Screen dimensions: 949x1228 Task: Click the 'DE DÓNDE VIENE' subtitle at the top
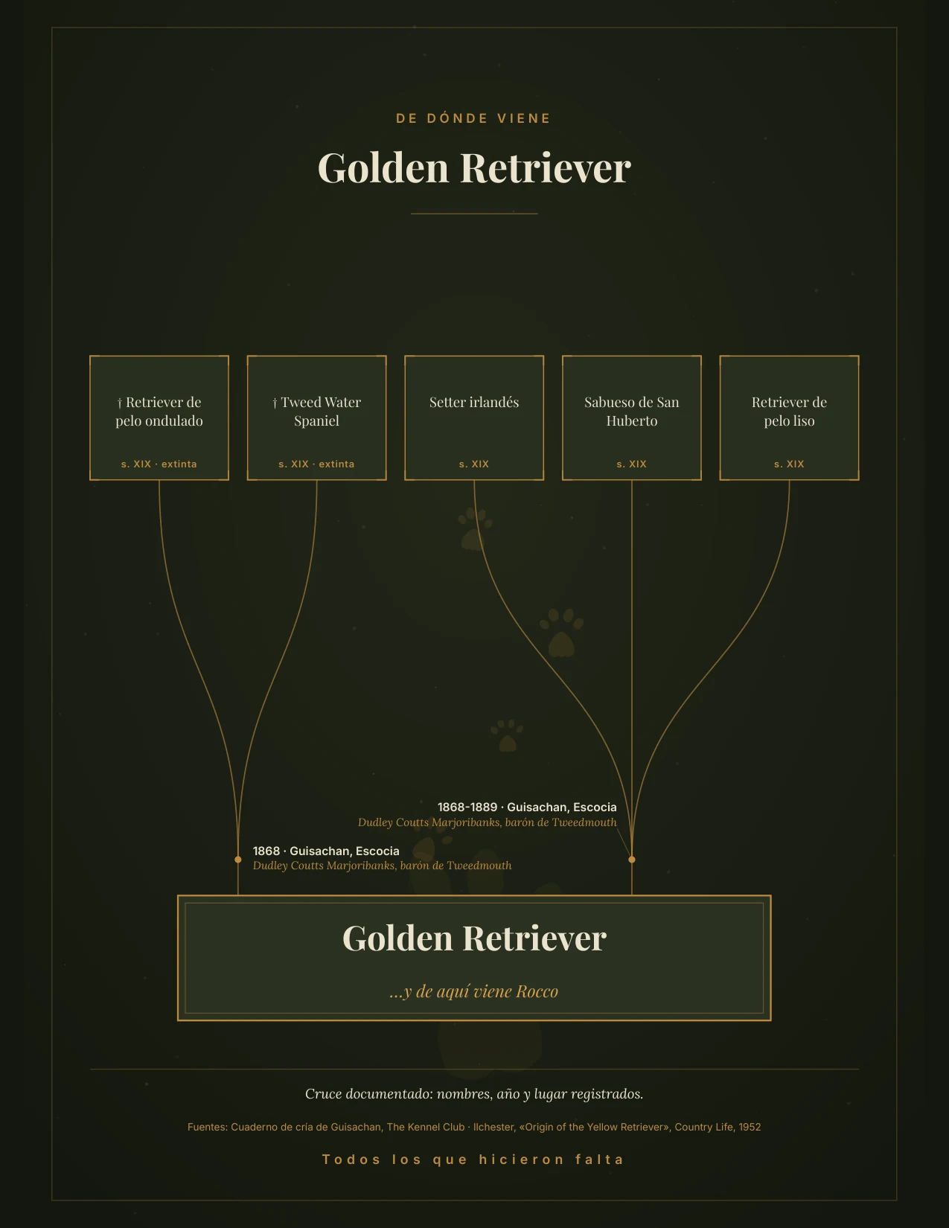(473, 118)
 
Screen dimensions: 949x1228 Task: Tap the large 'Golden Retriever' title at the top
(474, 168)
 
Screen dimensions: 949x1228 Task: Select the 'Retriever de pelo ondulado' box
(159, 418)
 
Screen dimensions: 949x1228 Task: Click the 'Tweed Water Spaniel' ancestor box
(316, 418)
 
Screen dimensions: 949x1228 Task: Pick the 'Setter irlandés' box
(474, 418)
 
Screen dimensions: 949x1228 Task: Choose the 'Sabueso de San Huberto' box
(632, 418)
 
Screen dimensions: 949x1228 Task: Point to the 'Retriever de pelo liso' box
(789, 418)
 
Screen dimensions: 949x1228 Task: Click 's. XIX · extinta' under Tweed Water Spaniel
(316, 464)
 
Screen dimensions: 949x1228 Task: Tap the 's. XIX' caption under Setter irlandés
(474, 464)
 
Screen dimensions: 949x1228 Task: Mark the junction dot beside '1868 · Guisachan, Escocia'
(238, 860)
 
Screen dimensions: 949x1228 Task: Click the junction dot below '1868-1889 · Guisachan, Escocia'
(632, 860)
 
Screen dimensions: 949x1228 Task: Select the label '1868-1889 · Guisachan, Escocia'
(527, 807)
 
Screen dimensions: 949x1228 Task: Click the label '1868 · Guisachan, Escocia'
(326, 851)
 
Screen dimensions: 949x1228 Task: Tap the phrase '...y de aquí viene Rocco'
(474, 991)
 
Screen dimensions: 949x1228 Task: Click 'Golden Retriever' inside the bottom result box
(474, 938)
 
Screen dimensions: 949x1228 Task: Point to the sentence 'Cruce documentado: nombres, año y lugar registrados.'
(474, 1094)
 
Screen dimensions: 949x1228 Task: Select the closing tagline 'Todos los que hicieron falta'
(473, 1160)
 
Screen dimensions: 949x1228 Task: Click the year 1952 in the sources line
(750, 1127)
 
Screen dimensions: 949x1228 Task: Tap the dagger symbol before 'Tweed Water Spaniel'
(275, 403)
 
